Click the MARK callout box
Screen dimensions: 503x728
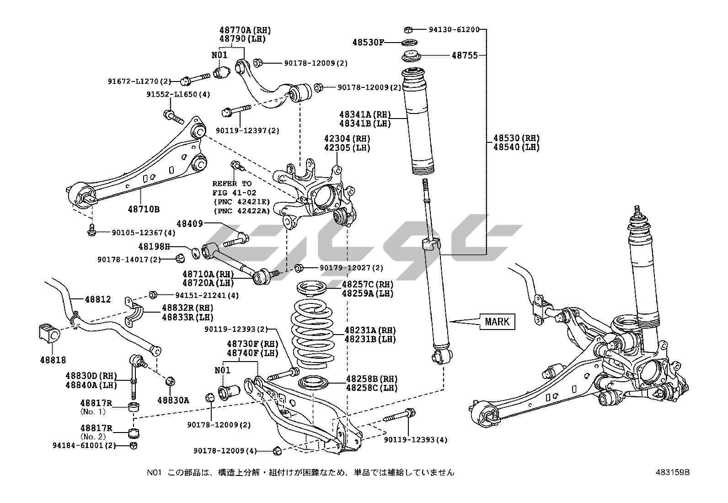coord(497,322)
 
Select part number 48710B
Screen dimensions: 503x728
coord(144,209)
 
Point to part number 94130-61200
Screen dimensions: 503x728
coord(454,30)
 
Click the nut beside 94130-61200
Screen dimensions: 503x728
coord(409,30)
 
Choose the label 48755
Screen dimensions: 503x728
coord(465,55)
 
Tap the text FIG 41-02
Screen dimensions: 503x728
coord(232,192)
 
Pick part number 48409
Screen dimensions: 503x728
coord(190,224)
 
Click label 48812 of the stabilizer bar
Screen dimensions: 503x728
coord(98,299)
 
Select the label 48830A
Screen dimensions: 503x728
coord(173,400)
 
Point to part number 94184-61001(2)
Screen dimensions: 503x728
coord(91,445)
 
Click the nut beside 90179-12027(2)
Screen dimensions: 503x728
coord(299,267)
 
